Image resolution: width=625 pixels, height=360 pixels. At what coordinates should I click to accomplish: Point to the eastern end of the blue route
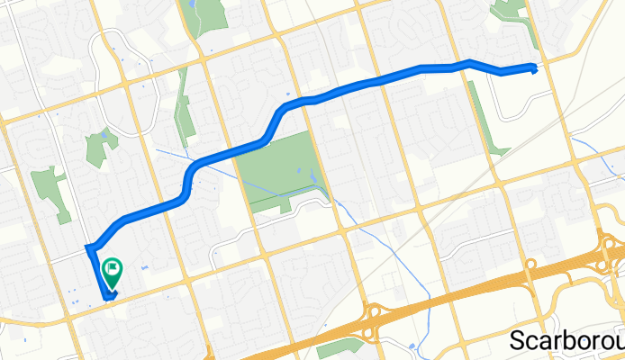[536, 67]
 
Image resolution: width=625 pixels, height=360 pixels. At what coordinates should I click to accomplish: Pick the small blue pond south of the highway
[412, 346]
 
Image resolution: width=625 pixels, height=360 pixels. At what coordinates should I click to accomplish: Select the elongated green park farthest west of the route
[51, 192]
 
